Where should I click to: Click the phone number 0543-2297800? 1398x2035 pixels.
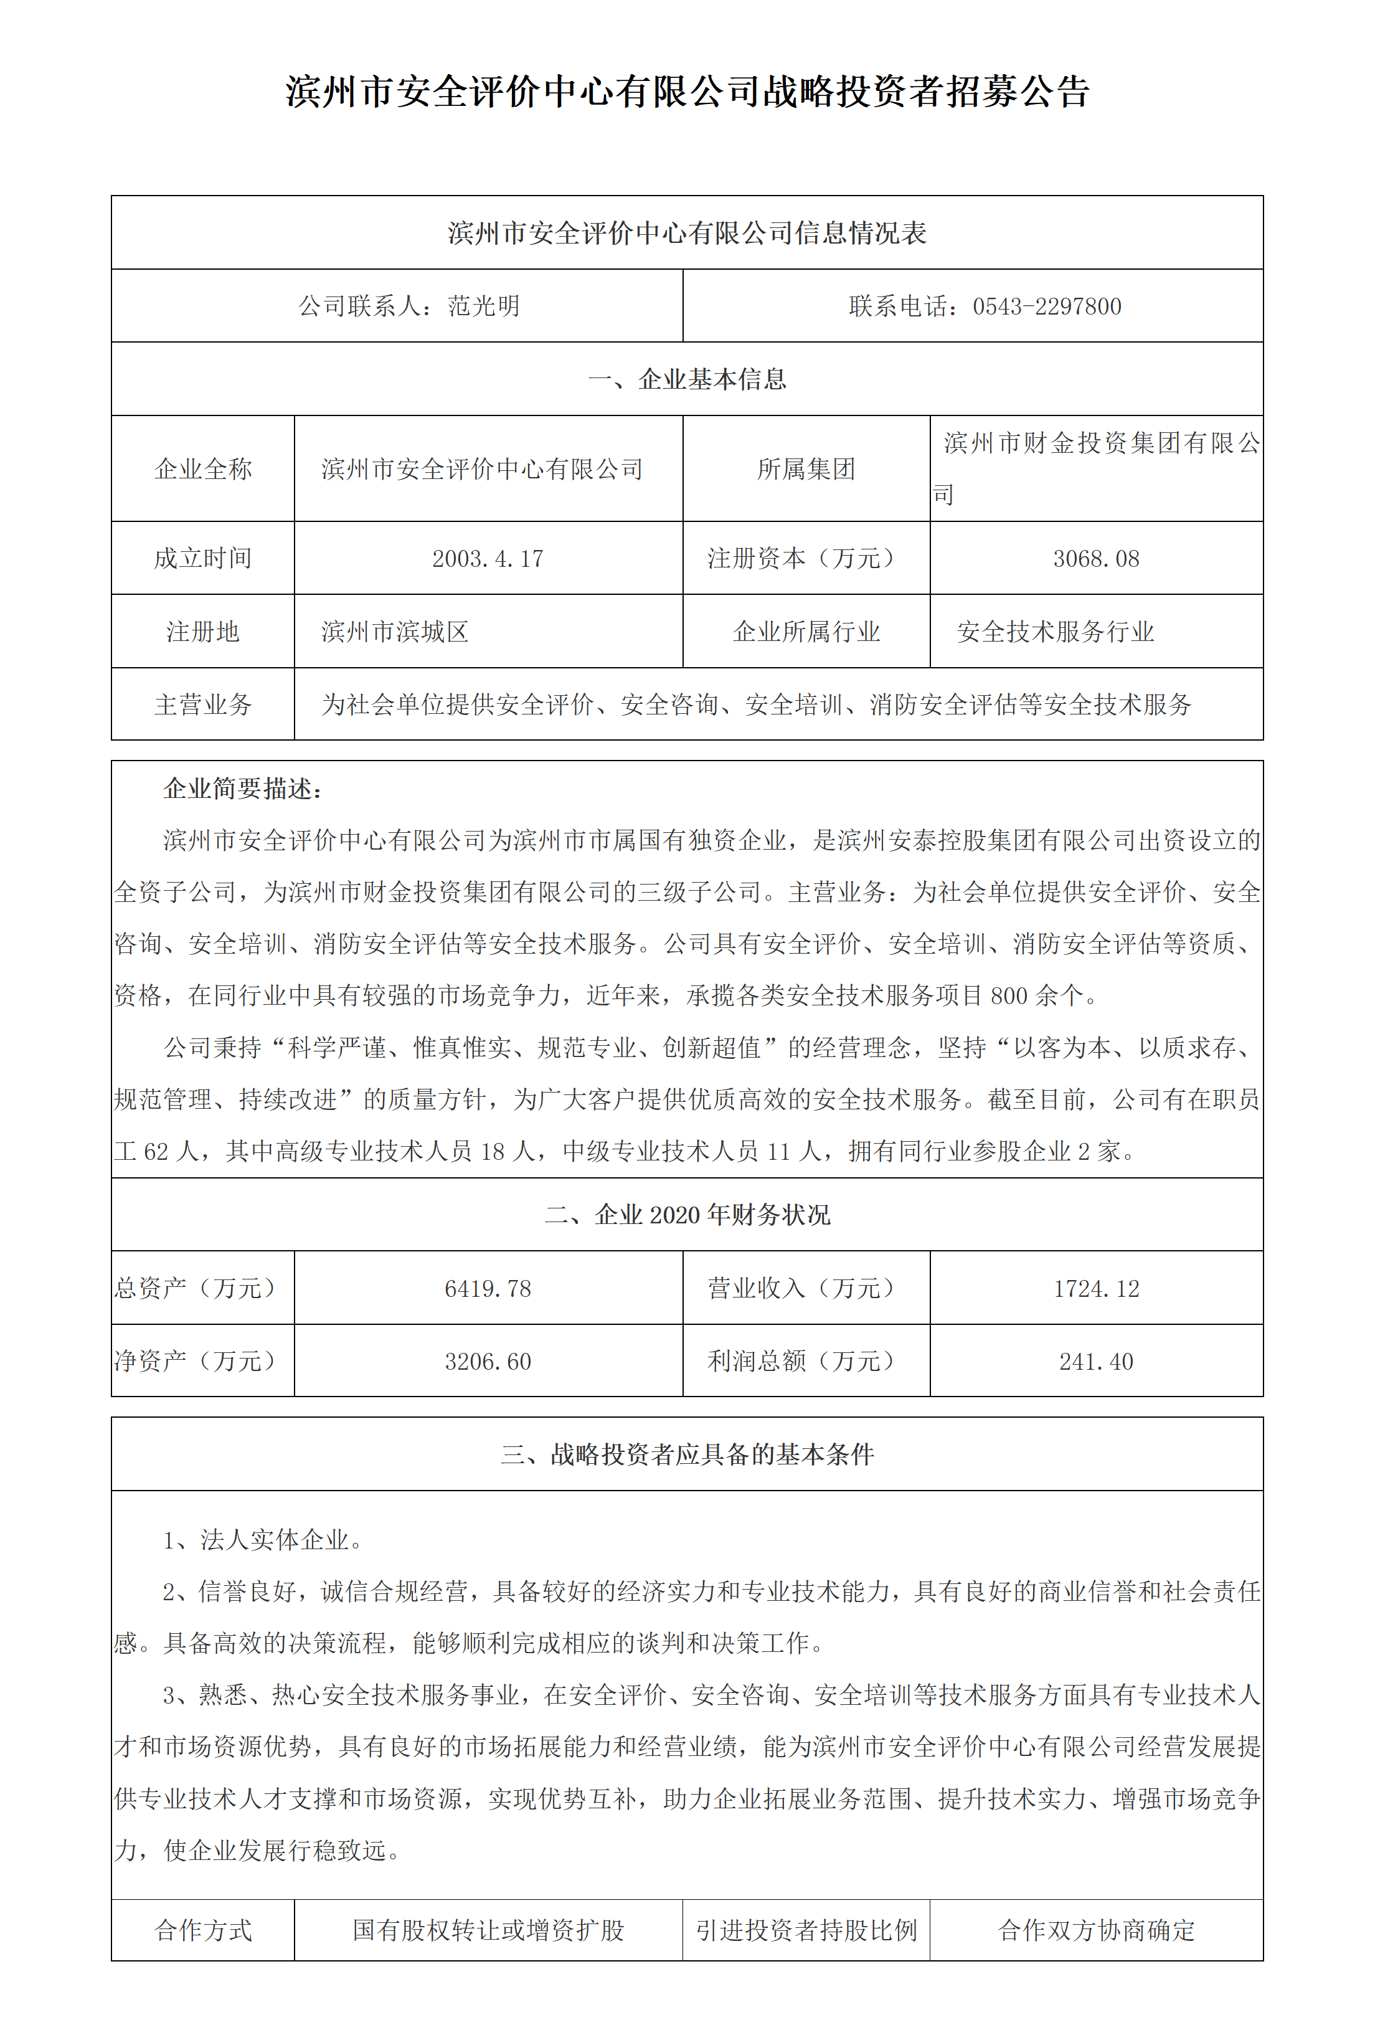pos(1047,306)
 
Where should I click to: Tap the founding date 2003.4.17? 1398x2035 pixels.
pos(488,559)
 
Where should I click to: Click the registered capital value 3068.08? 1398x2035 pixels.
pos(1096,559)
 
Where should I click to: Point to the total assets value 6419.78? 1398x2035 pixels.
pos(488,1289)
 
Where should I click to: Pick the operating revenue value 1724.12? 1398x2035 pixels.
pos(1096,1289)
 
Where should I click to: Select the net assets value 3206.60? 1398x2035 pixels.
pos(488,1362)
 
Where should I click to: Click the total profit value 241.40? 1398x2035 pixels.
pos(1096,1362)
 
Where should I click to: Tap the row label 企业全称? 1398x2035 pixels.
pos(203,470)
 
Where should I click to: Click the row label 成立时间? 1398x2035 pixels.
pos(203,559)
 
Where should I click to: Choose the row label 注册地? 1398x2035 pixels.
pos(203,632)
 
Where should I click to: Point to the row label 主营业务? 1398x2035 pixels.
pos(203,704)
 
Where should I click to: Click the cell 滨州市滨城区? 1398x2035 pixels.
pos(395,632)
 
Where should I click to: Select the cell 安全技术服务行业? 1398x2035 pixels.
pos(1055,632)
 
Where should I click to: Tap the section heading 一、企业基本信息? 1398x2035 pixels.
pos(687,379)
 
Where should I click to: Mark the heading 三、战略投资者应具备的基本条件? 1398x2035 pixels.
pos(687,1455)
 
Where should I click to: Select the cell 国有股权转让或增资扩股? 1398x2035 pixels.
pos(488,1930)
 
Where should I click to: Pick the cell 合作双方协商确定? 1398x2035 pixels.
pos(1096,1930)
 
